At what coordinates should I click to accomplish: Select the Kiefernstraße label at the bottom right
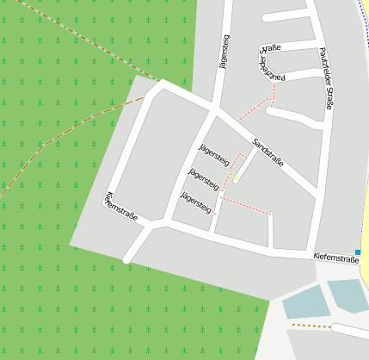[x=335, y=258]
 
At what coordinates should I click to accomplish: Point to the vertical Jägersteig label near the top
[x=225, y=53]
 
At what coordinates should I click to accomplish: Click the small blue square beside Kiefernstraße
[x=358, y=252]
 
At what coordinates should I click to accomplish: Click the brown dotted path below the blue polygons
[x=311, y=326]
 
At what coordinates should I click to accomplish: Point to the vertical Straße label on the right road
[x=325, y=78]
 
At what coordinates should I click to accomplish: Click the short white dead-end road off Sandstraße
[x=243, y=166]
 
